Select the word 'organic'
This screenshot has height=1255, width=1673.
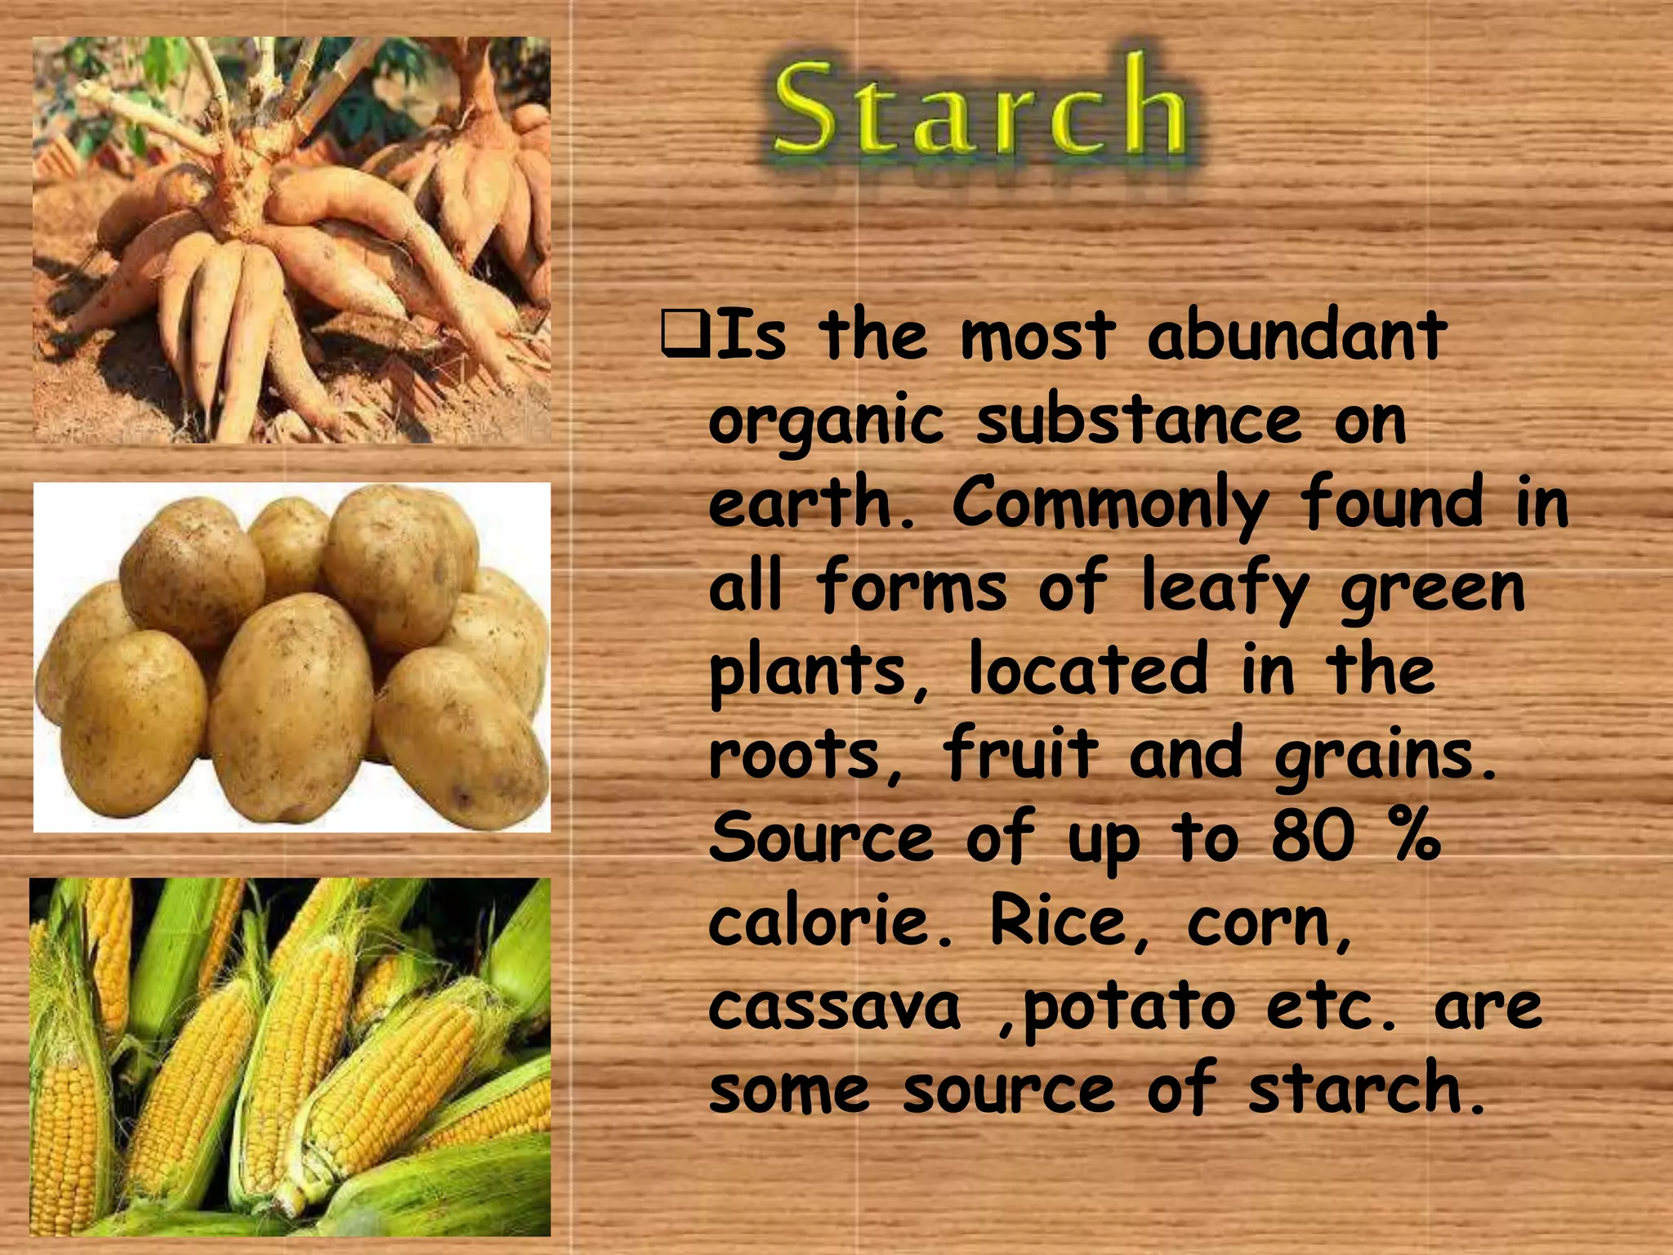pyautogui.click(x=825, y=423)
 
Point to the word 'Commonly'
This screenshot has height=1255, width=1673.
pyautogui.click(x=1110, y=505)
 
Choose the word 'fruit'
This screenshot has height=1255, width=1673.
pyautogui.click(x=1021, y=753)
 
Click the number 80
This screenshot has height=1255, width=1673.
pyautogui.click(x=1313, y=837)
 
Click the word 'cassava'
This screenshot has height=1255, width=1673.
pyautogui.click(x=833, y=1007)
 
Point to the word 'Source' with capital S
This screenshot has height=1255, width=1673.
pyautogui.click(x=821, y=837)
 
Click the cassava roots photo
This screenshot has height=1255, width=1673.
pyautogui.click(x=292, y=240)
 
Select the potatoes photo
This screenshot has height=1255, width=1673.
pyautogui.click(x=292, y=657)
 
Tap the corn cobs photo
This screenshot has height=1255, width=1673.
pyautogui.click(x=290, y=1056)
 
